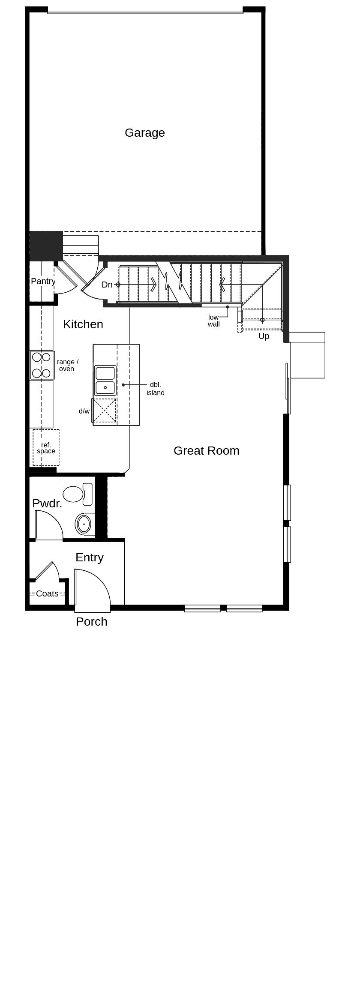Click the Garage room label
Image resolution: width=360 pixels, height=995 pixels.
pos(144,133)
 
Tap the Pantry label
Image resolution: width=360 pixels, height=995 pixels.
pos(43,282)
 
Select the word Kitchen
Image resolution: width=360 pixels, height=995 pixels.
pos(83,324)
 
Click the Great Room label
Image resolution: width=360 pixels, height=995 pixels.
pos(206,451)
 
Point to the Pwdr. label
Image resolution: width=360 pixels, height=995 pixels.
pos(47,503)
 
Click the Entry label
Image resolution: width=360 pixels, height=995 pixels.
pos(89,557)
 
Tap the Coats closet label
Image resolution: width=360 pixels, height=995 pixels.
pos(47,594)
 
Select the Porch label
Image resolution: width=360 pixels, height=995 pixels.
pos(91,622)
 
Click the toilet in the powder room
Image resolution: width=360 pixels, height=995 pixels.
pos(77,494)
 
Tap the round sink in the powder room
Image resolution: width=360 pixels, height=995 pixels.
pos(84,524)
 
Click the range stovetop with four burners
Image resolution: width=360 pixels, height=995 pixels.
pos(42,365)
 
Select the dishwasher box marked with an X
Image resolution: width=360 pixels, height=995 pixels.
pos(105,411)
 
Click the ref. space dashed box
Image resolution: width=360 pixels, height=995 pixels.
pos(46,448)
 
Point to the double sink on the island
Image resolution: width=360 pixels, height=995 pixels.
pos(105,380)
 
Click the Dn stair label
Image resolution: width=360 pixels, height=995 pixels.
pos(107,285)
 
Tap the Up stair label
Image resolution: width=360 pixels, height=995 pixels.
pos(264,336)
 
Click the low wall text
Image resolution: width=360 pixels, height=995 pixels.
pos(213,321)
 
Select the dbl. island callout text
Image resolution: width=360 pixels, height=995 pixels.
pos(155,389)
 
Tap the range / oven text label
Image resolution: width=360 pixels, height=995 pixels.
pos(67,366)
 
